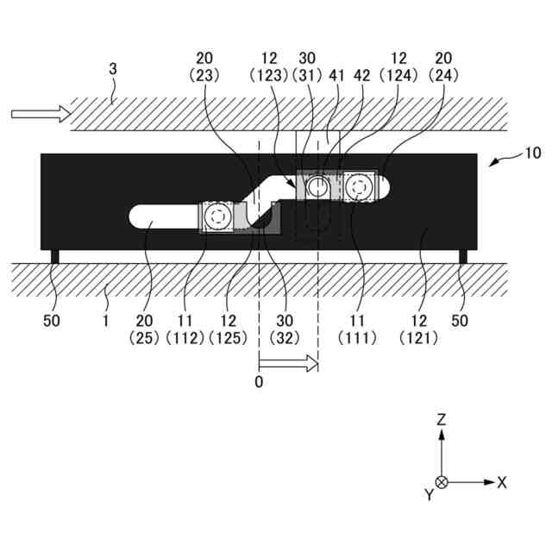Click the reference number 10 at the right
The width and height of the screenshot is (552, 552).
coord(533,154)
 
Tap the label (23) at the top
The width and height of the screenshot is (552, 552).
coord(205,75)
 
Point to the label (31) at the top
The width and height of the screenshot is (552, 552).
coord(307,75)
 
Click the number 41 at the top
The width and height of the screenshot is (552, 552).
coord(337,75)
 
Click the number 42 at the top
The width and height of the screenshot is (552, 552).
coord(362,75)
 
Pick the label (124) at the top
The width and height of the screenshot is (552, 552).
coord(399,75)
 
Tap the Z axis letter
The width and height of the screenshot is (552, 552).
coord(442,420)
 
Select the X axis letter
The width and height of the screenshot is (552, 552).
coord(502,482)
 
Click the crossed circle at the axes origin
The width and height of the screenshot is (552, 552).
coord(442,482)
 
